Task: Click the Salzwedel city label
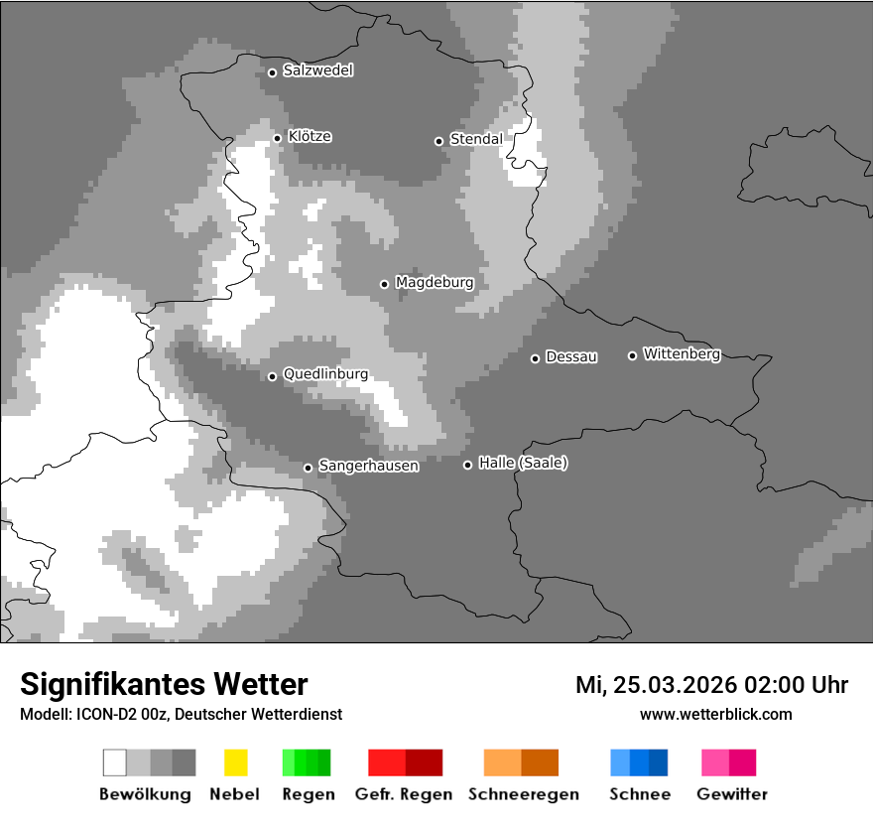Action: point(317,70)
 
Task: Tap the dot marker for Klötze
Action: point(278,138)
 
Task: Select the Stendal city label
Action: point(476,139)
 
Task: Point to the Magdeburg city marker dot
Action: point(385,284)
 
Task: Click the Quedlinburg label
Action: point(325,374)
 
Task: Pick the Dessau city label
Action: point(571,357)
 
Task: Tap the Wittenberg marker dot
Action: point(633,355)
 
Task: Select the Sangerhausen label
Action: point(368,466)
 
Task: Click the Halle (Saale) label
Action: point(523,463)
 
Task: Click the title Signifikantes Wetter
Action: point(164,684)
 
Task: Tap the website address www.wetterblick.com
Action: point(715,714)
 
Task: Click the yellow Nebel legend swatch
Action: point(235,762)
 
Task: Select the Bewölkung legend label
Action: point(145,794)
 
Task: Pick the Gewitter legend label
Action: point(732,794)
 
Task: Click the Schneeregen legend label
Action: point(523,794)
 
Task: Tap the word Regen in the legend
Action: point(309,794)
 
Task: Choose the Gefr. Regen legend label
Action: point(403,794)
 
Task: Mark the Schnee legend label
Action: point(640,794)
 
